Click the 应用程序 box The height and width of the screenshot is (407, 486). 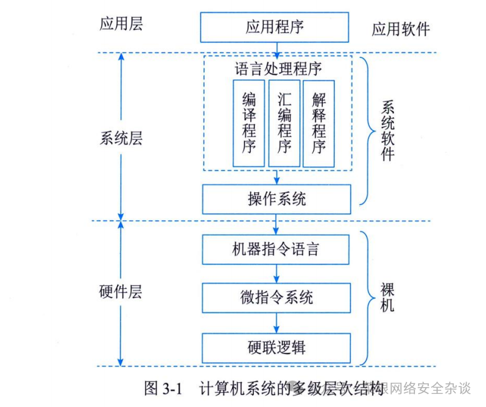(275, 27)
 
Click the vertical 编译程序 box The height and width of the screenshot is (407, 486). (249, 123)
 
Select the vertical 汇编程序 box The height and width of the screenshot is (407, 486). (284, 123)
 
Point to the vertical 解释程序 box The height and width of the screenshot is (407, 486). (319, 123)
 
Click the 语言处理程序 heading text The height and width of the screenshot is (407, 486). (278, 68)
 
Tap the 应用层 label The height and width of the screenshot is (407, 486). (121, 24)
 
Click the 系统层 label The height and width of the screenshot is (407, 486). (121, 138)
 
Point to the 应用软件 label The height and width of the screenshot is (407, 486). (401, 29)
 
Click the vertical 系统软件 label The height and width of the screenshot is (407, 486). (387, 130)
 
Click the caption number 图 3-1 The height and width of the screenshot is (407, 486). (162, 390)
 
